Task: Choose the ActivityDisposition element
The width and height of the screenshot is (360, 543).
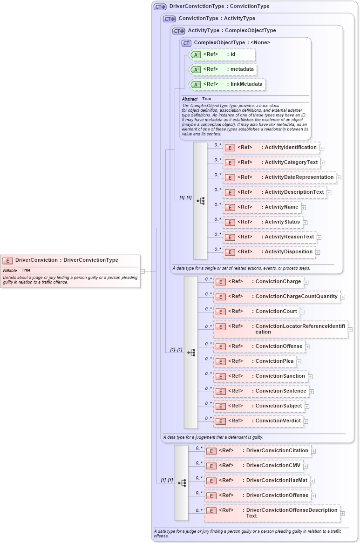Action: coord(269,252)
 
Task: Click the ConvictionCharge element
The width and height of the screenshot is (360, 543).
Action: coord(258,282)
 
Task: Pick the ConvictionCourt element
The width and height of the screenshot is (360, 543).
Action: coord(257,312)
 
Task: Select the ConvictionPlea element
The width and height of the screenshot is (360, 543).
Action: coord(255,361)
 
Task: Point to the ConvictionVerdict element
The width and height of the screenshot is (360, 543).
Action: coord(258,421)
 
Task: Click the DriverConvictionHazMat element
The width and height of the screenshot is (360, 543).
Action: coord(258,481)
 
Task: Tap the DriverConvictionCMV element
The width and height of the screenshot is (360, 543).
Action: coord(254,466)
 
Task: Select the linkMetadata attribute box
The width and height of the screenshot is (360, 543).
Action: coord(227,84)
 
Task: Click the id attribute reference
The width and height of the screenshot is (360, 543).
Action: coord(223,54)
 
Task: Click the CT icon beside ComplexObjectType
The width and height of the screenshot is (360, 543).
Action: coord(186,43)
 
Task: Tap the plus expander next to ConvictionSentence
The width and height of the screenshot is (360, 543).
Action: coord(312,392)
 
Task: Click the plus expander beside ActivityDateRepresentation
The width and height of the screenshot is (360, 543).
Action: coord(339,178)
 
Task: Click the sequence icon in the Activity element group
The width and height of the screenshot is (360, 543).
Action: coord(200,201)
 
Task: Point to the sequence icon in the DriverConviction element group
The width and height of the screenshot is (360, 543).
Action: coord(182,483)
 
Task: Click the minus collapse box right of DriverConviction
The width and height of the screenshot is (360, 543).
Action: coord(143,271)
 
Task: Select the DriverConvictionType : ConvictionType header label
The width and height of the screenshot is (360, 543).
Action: coord(219,7)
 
